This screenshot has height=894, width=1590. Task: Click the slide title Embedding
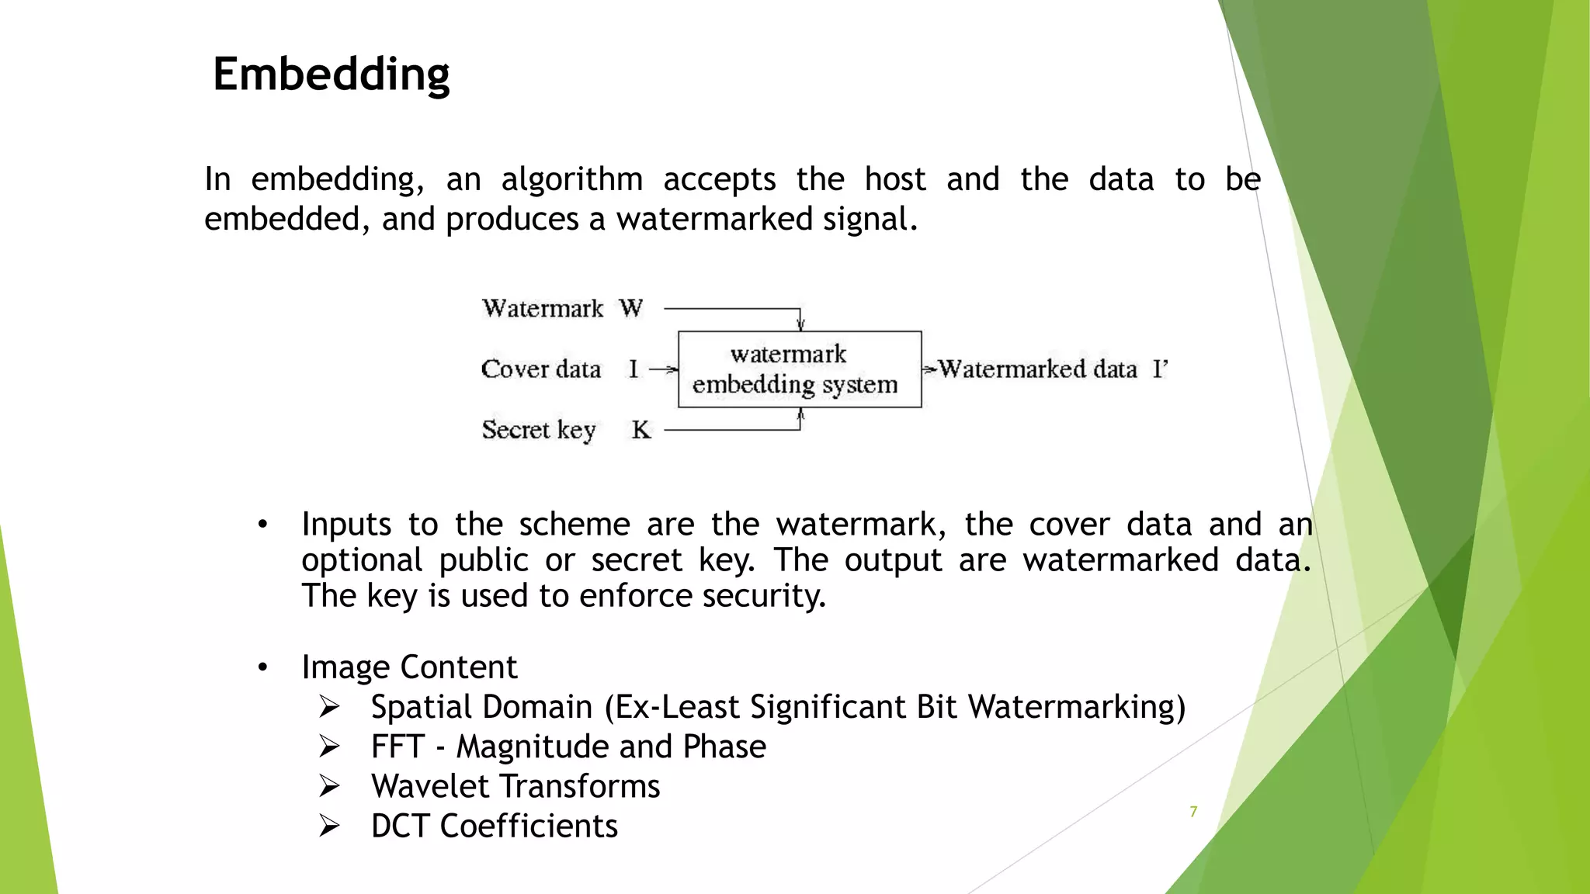(x=332, y=74)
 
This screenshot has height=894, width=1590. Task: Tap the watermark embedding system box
(x=799, y=369)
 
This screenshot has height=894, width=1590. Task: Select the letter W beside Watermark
(x=631, y=308)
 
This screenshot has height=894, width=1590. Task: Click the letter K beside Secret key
(x=641, y=429)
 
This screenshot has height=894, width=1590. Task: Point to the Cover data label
(x=541, y=369)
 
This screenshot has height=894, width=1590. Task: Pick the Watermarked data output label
(x=1038, y=369)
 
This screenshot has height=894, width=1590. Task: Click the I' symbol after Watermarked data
(x=1160, y=369)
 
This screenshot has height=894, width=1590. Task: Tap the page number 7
(x=1193, y=812)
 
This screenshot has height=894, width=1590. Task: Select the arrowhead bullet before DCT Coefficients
(x=329, y=826)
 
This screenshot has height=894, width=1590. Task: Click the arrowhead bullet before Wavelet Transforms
(x=329, y=786)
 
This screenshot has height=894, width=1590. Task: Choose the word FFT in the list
(x=397, y=747)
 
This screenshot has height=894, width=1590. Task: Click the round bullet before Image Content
(x=263, y=667)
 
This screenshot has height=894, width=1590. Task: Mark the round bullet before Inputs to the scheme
(x=263, y=525)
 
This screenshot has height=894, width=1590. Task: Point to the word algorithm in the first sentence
(x=571, y=180)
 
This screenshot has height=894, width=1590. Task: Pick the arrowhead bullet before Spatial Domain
(x=329, y=707)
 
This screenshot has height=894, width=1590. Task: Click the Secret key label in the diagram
(x=539, y=430)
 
